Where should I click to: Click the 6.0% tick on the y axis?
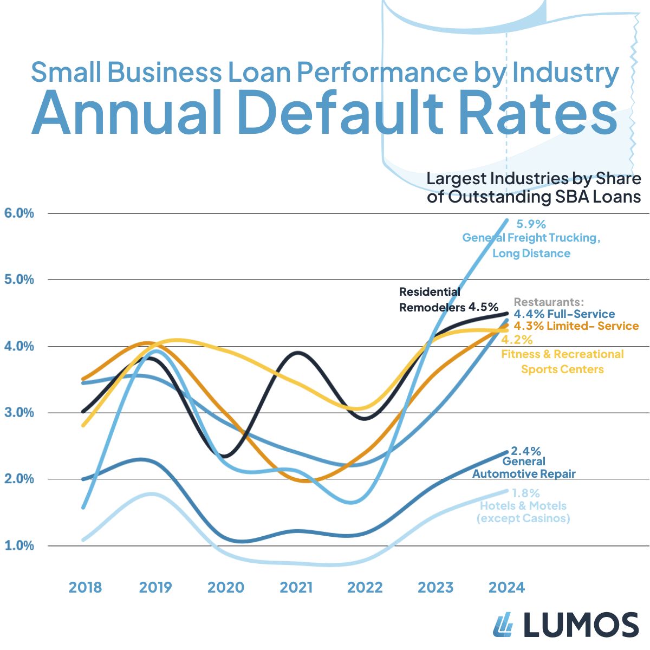click(x=19, y=213)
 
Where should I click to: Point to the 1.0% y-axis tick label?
click(x=19, y=545)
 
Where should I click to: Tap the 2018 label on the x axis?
click(x=85, y=587)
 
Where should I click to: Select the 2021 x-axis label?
click(x=296, y=587)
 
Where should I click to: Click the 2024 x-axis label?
click(x=506, y=587)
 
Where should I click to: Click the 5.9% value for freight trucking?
click(x=531, y=224)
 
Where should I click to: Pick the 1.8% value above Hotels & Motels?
click(x=525, y=493)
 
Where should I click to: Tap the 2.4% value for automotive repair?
click(x=526, y=451)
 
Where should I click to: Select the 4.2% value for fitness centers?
click(x=517, y=340)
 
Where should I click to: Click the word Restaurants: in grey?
click(x=549, y=302)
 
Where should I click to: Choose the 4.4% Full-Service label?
click(x=564, y=314)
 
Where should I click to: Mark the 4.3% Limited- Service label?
click(x=576, y=326)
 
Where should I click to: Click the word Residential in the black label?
click(x=430, y=291)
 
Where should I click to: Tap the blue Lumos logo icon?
click(x=503, y=625)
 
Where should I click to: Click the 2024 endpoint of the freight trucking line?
click(x=507, y=220)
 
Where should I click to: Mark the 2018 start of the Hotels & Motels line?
click(x=83, y=540)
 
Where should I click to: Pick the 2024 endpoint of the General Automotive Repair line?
click(x=507, y=452)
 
